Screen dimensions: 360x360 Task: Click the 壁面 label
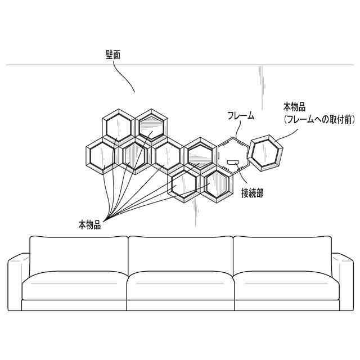pos(113,56)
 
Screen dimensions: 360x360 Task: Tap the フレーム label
pos(240,116)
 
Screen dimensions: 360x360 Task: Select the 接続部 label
pos(252,193)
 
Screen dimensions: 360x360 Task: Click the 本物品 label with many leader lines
pos(89,224)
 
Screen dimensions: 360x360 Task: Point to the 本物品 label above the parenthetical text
pos(294,106)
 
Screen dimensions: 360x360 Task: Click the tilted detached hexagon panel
pos(266,152)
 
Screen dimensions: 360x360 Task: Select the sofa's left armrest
pos(18,281)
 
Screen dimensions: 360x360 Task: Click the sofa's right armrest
pos(342,281)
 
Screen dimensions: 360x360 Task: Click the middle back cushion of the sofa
pos(180,254)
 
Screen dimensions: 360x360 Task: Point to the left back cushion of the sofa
pos(79,254)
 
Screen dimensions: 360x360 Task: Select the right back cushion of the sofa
pos(282,254)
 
